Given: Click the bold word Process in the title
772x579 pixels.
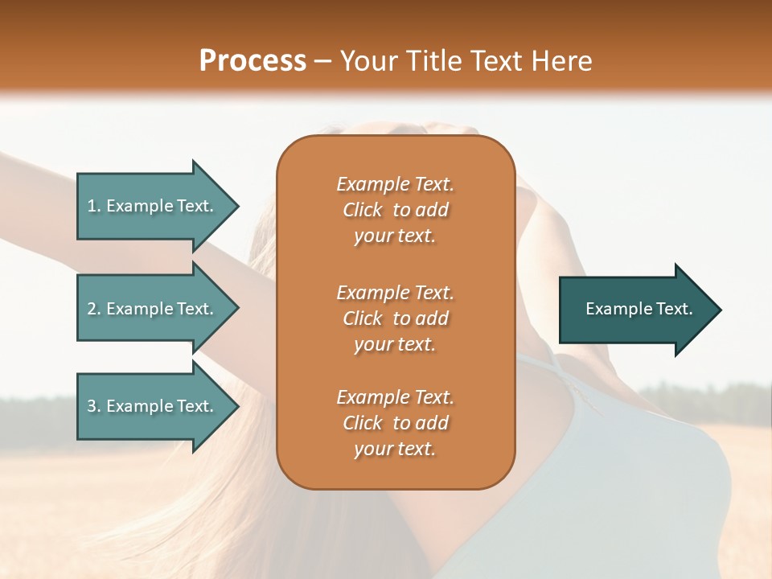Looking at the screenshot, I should (x=253, y=60).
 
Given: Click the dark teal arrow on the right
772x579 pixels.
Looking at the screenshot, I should (x=635, y=310).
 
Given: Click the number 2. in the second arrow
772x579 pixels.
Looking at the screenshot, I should (x=94, y=309).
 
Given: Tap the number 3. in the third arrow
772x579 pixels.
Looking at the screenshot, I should (x=94, y=406).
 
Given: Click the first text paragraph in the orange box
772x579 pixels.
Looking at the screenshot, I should (x=395, y=210).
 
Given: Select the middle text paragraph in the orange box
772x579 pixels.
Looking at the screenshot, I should (x=395, y=318).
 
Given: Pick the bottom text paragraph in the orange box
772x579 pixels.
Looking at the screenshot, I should (x=395, y=423).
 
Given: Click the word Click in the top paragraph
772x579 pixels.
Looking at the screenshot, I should (x=363, y=210).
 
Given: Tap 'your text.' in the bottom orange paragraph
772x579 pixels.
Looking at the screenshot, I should (x=395, y=450).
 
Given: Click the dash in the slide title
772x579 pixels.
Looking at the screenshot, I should (x=323, y=61).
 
